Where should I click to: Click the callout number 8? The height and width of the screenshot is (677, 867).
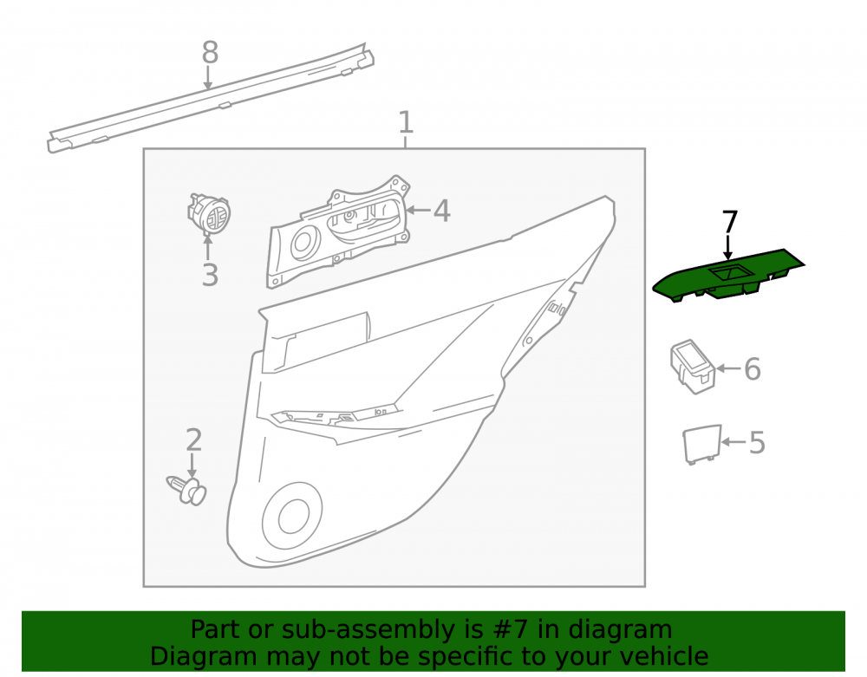[x=210, y=53]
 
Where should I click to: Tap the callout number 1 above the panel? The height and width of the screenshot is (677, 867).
[x=406, y=122]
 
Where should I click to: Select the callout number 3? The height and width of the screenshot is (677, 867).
[x=210, y=275]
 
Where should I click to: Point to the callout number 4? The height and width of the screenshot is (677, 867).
[x=442, y=211]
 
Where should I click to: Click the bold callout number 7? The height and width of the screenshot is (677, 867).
[x=730, y=222]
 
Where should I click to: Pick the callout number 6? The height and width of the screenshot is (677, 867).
[x=753, y=368]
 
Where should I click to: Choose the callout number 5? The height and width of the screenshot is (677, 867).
[x=757, y=442]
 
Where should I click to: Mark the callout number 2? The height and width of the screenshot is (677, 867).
[x=193, y=439]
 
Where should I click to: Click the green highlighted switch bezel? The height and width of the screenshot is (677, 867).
[x=728, y=276]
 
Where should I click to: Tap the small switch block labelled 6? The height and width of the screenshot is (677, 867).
[x=692, y=367]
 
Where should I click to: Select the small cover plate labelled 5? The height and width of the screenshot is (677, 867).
[x=702, y=444]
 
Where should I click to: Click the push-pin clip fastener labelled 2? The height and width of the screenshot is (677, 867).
[x=187, y=491]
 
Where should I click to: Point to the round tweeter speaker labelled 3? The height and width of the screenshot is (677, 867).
[x=209, y=213]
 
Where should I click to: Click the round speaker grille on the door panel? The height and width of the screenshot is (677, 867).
[x=292, y=516]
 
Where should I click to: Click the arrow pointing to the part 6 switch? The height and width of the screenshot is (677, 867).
[x=729, y=368]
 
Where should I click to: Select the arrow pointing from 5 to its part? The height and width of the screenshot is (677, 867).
[x=733, y=441]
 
